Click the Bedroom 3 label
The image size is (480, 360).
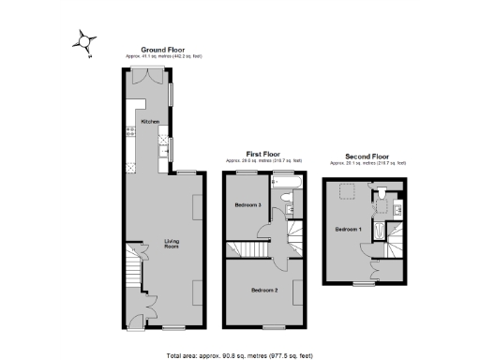click(247, 205)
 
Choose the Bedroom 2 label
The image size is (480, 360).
click(264, 291)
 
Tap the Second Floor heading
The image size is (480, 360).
click(367, 156)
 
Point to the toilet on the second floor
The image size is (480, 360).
click(384, 192)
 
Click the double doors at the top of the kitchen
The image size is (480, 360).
click(148, 78)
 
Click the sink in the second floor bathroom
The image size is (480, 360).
click(397, 208)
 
